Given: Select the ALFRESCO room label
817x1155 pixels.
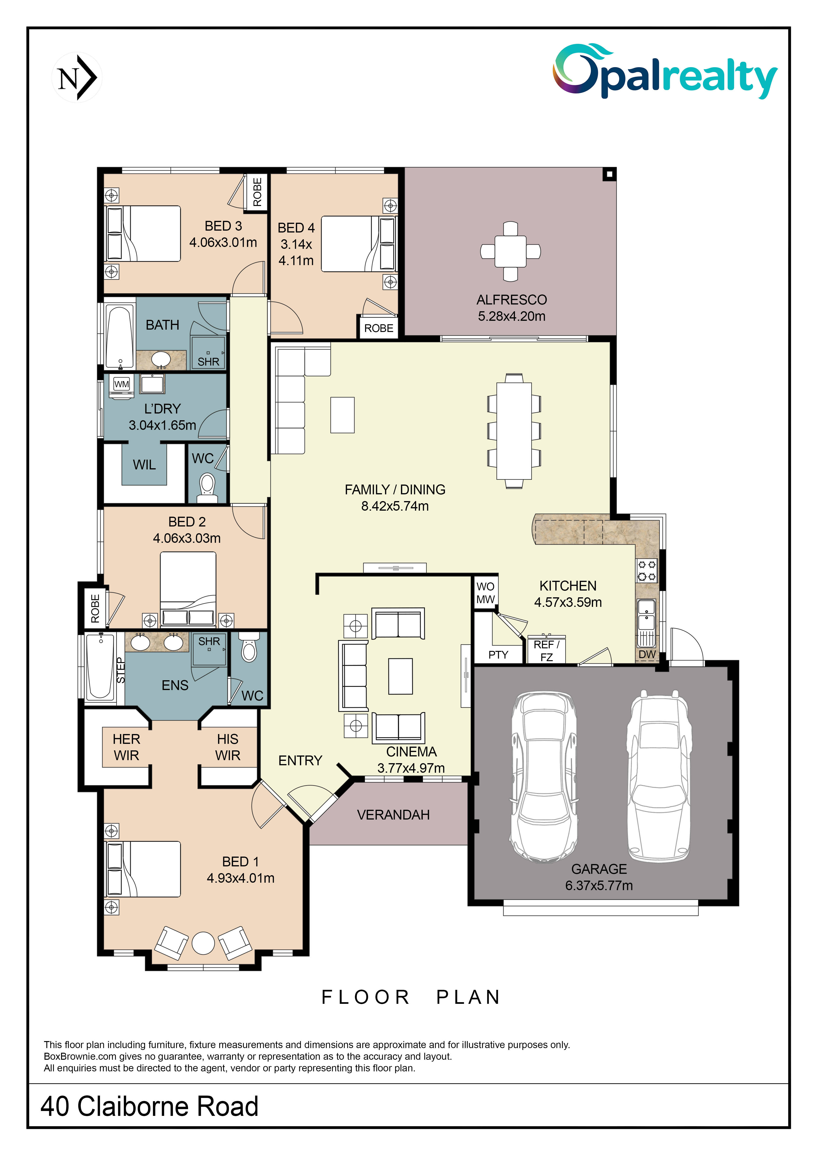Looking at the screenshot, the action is (x=512, y=300).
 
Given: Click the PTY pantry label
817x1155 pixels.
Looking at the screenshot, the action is (x=498, y=654).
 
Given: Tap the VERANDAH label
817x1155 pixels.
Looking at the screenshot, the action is (x=393, y=815).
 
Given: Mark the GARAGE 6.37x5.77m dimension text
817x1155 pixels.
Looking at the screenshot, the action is (x=599, y=885).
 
